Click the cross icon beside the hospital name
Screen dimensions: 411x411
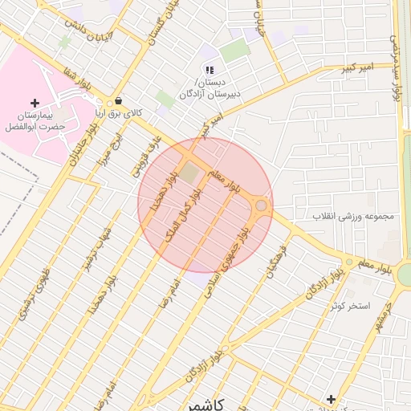coord(35,103)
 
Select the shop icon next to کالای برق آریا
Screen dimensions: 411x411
coord(119,101)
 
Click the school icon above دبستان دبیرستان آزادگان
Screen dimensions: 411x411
coord(210,71)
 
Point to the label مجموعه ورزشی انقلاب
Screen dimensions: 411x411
coord(354,217)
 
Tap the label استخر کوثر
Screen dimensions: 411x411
coord(348,306)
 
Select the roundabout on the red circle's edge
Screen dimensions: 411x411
coord(261,206)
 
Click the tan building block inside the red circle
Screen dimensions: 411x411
coord(188,172)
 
